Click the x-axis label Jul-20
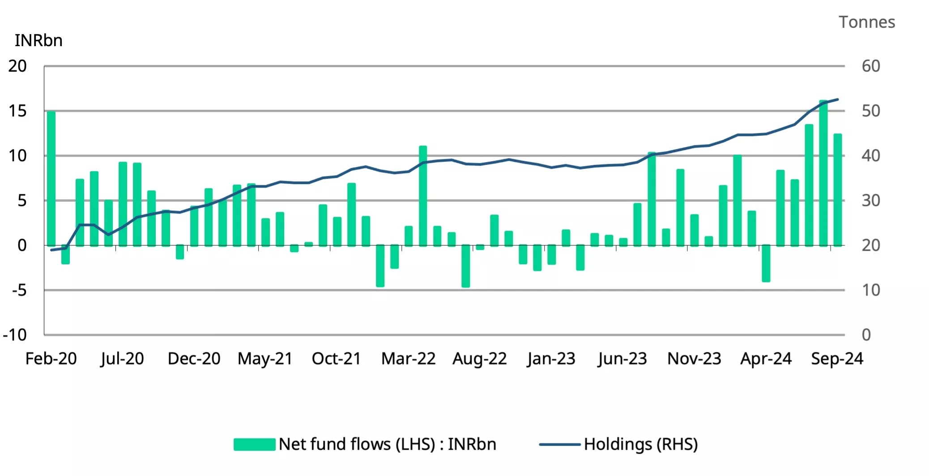click(122, 359)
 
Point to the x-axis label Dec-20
click(194, 359)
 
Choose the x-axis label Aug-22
click(479, 359)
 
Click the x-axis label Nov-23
click(694, 359)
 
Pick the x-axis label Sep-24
click(837, 359)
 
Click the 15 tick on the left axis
click(17, 111)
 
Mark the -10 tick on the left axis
click(15, 335)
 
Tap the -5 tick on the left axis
click(19, 290)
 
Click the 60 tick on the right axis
click(871, 66)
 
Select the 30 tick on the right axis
click(871, 201)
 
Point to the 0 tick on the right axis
click(866, 335)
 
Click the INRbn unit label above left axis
click(38, 41)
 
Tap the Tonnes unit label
click(867, 22)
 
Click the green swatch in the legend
click(254, 444)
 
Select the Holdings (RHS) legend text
click(641, 444)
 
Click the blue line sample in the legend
click(559, 445)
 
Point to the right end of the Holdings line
click(837, 99)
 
